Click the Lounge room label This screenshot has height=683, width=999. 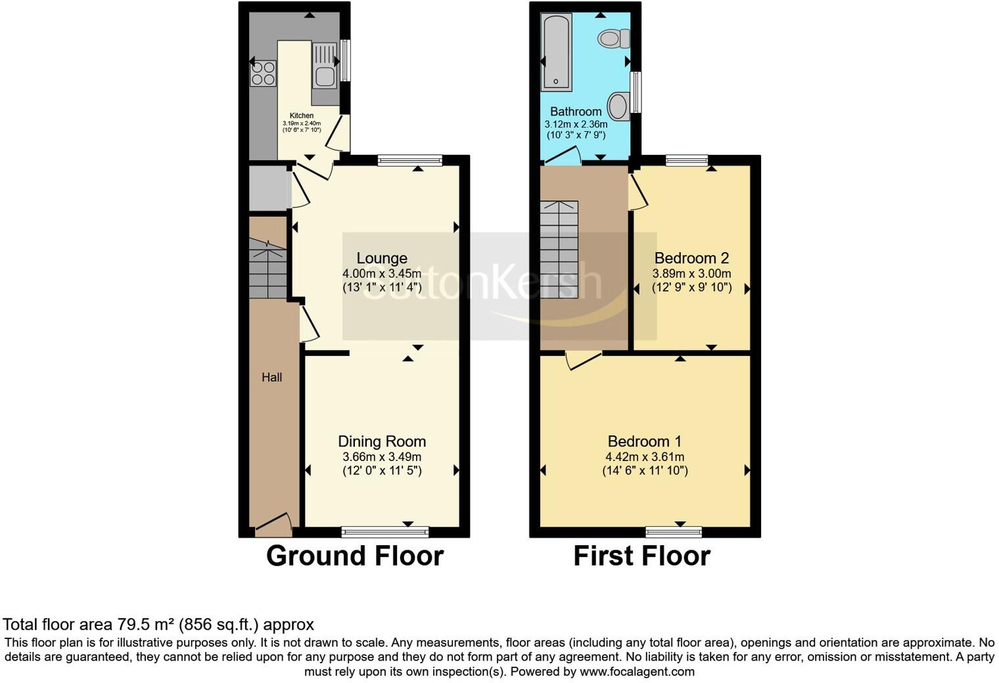point(382,258)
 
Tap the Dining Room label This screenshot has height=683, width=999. point(382,441)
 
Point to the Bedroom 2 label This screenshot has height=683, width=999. point(691,258)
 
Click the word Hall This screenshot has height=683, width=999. point(271,377)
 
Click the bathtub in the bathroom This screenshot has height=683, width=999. point(556,52)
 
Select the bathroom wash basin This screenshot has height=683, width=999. point(618,106)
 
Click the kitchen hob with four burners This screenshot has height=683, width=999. point(263,73)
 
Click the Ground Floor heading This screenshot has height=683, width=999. point(355,556)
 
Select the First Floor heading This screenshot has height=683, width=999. point(641,556)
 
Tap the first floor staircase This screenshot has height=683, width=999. point(559,250)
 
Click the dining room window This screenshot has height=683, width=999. point(385,531)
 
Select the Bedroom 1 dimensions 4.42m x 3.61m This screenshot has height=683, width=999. point(644,457)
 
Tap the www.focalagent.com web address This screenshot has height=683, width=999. point(637,671)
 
